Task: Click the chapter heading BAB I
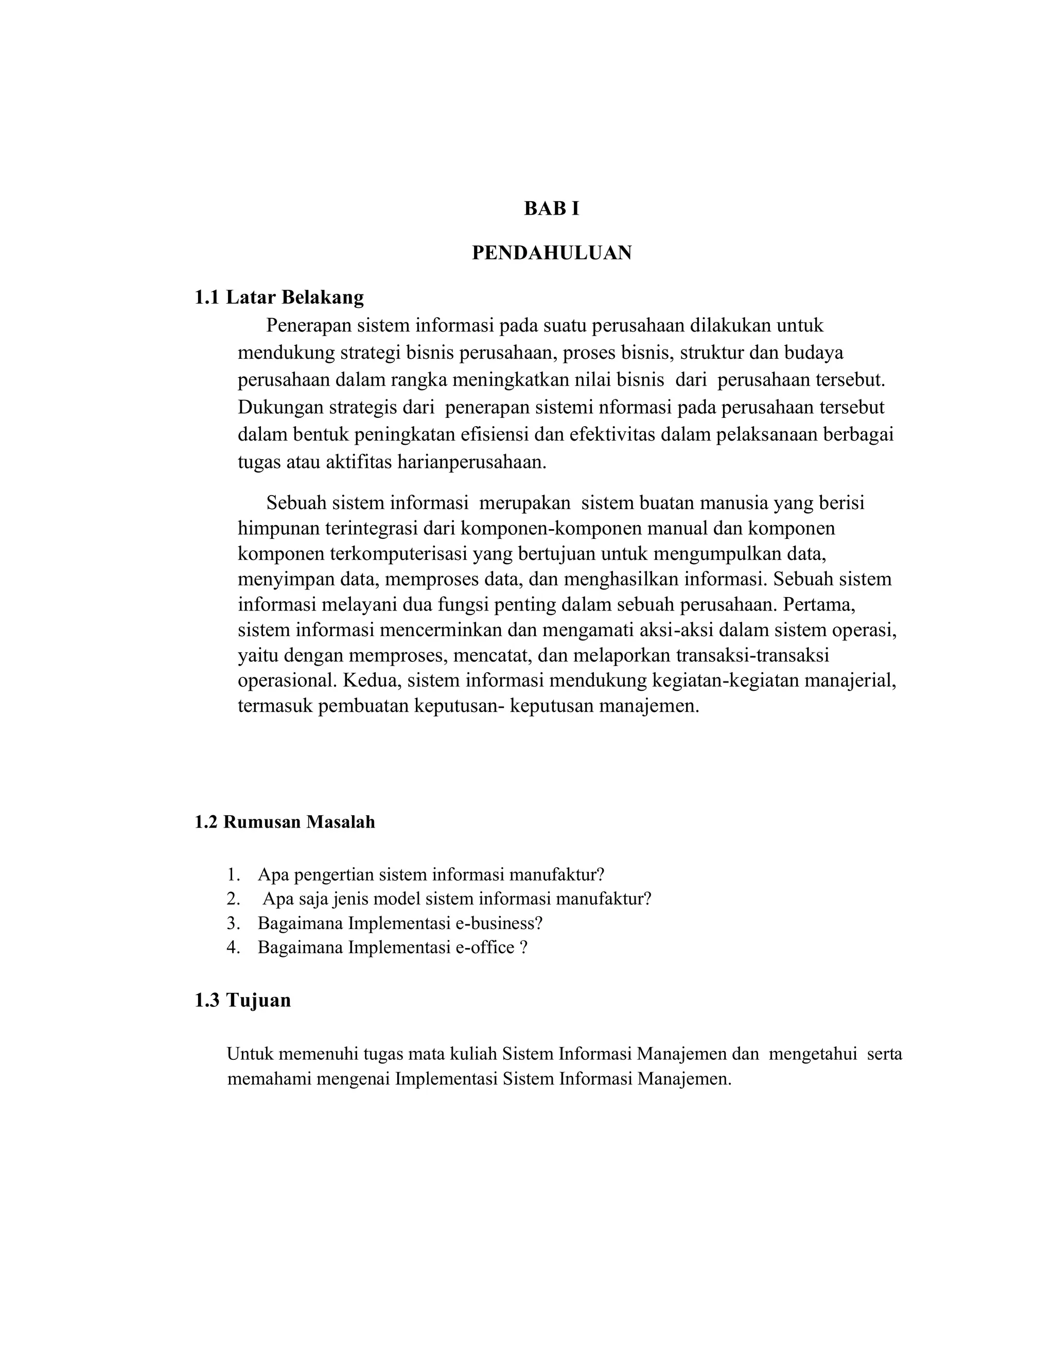pos(551,208)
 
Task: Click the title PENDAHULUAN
pos(551,253)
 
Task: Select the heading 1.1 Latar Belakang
pos(278,298)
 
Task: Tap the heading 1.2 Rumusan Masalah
pos(285,822)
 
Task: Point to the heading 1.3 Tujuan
pos(242,1000)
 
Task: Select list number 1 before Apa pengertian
pos(233,875)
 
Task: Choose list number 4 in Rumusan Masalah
pos(233,948)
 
